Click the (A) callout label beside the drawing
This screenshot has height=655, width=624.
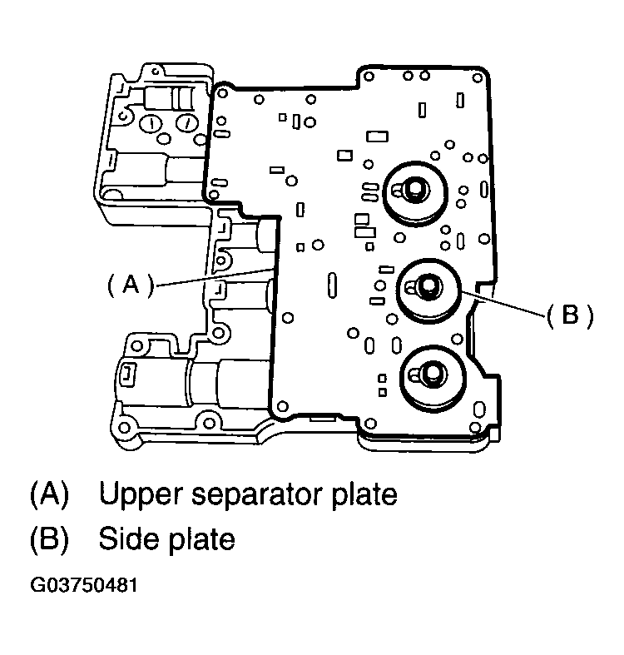(x=131, y=285)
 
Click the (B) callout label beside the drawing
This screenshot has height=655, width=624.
(x=569, y=315)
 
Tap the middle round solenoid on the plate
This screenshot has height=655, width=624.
(x=428, y=290)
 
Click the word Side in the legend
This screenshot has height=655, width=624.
(x=128, y=538)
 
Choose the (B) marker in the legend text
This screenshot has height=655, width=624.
(x=49, y=538)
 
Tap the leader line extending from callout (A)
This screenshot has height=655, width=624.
(x=216, y=277)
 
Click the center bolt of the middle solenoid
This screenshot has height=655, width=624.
(x=425, y=286)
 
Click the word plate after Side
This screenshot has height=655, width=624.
(x=205, y=538)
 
